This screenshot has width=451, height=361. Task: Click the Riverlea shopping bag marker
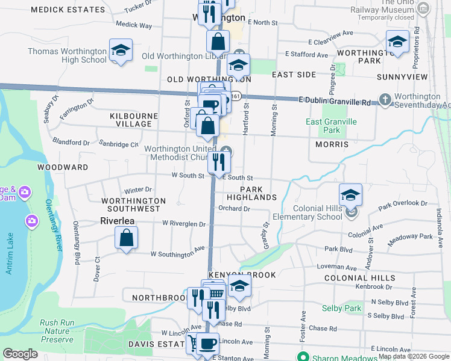(127, 238)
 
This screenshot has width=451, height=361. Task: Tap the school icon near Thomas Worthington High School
(121, 50)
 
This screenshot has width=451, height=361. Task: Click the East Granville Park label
(331, 126)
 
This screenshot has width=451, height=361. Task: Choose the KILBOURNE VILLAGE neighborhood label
(133, 120)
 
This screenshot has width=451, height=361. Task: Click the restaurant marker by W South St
(218, 161)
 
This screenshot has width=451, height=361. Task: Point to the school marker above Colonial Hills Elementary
(350, 194)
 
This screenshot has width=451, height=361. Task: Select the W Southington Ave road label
(177, 255)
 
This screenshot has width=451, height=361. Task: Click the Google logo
(20, 354)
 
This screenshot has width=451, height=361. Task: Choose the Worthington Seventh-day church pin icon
(385, 98)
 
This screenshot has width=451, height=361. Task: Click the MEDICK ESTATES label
(68, 10)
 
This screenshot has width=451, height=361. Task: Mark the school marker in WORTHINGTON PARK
(397, 41)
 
